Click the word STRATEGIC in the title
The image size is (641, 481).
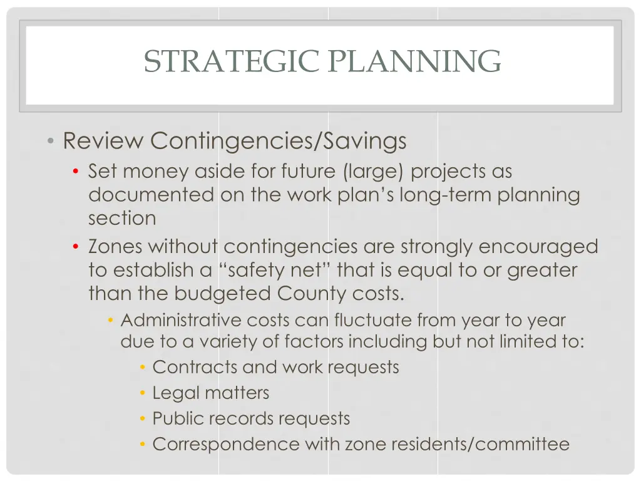coord(231,61)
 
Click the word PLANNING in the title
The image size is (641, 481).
coord(415,61)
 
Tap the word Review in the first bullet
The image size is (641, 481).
coord(103,141)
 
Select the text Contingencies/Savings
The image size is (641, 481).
coord(278,141)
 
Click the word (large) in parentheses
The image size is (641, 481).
coord(373,171)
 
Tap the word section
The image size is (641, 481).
coord(122,219)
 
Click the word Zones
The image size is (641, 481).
coord(115,247)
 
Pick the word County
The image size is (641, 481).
coord(309,294)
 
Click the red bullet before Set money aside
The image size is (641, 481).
coord(76,172)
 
